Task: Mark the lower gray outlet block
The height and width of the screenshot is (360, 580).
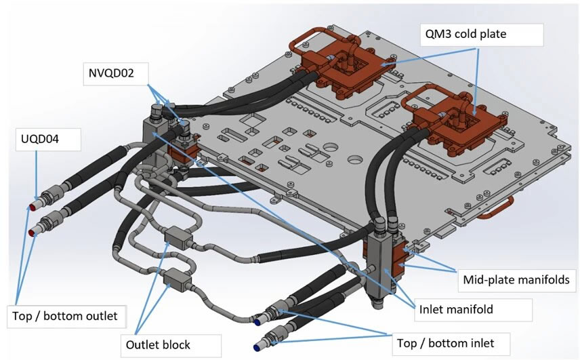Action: [x=176, y=277]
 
